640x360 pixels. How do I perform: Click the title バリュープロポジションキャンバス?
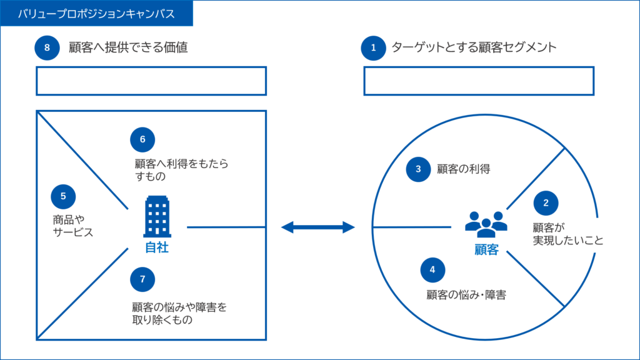[x=96, y=13]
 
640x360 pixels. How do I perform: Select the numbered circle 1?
[x=373, y=47]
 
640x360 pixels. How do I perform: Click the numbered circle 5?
[x=63, y=196]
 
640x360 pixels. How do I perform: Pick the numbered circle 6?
[x=142, y=139]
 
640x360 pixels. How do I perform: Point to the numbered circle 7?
[x=142, y=279]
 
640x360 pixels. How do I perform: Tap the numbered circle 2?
[x=546, y=202]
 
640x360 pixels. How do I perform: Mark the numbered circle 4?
[x=432, y=270]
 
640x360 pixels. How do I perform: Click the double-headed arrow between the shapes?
[x=317, y=227]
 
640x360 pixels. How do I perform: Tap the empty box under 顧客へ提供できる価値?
[x=151, y=81]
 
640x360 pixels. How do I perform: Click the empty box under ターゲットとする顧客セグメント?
[x=478, y=81]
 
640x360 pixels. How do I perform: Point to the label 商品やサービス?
[x=72, y=226]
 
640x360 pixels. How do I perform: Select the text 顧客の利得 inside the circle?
[x=463, y=169]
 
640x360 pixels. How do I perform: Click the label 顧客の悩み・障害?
[x=466, y=295]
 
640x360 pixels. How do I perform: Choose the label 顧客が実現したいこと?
[x=567, y=234]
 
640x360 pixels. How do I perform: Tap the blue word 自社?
[x=157, y=247]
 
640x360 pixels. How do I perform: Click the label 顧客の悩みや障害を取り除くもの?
[x=179, y=314]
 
